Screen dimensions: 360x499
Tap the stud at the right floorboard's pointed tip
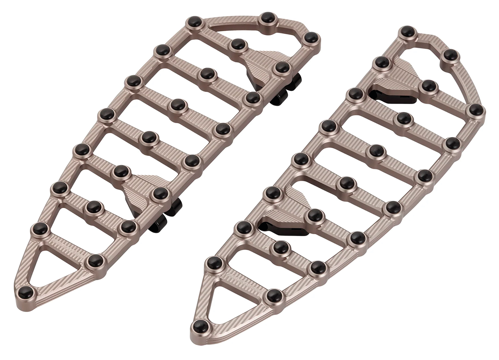(x=200, y=325)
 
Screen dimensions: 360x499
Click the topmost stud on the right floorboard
(x=407, y=31)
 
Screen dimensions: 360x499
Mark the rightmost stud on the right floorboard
(x=476, y=110)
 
